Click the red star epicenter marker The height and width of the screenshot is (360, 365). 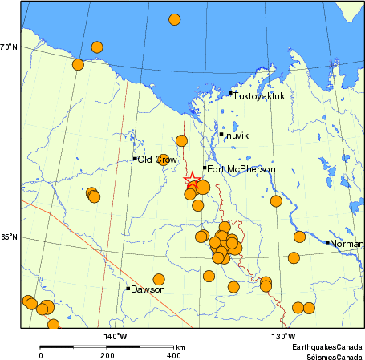point(191,180)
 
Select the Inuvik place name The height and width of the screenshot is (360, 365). point(237,136)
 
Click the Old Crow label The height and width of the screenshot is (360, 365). point(156,160)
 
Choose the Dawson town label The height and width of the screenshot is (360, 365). point(148,289)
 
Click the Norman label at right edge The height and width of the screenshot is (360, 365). point(347,243)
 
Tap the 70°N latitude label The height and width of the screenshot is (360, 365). point(9,47)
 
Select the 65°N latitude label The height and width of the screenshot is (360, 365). point(9,238)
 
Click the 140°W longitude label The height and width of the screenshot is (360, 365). point(116,336)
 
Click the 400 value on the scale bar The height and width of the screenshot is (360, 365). point(173,355)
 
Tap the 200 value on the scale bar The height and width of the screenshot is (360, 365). point(107,355)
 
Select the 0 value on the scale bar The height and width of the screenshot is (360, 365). point(41,355)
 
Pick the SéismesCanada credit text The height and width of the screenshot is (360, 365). point(329,355)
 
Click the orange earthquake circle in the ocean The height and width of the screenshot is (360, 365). point(174,19)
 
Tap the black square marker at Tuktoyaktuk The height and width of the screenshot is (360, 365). point(230,93)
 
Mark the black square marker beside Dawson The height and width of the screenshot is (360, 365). point(128,289)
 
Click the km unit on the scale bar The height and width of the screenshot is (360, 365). point(181,347)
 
